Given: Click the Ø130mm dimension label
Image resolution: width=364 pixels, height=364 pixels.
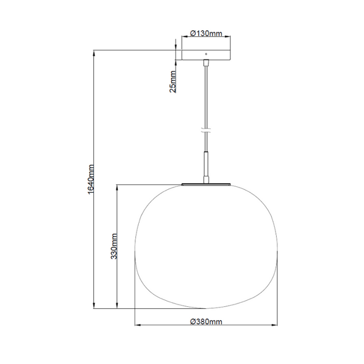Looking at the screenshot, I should (x=206, y=34).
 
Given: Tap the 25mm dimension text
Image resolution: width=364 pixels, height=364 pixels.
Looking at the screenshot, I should (x=173, y=82).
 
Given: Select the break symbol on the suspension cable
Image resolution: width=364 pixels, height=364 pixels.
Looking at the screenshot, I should (x=206, y=129).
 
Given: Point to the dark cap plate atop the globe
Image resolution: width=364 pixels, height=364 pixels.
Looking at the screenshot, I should (x=206, y=183).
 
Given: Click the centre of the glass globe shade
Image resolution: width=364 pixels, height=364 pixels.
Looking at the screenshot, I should (x=206, y=246).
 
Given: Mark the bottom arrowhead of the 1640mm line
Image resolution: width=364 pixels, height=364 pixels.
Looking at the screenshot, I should (x=94, y=306).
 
